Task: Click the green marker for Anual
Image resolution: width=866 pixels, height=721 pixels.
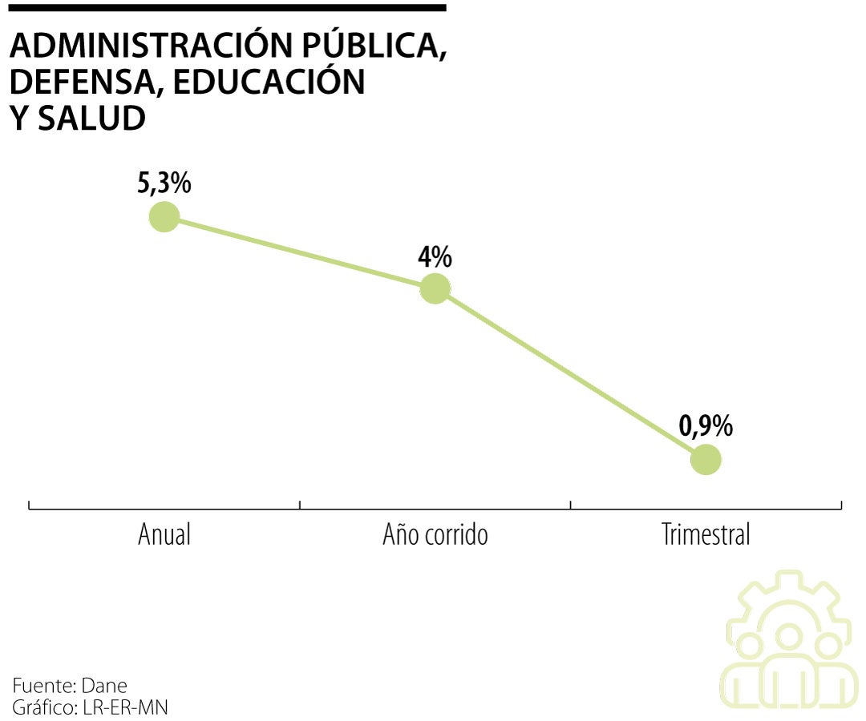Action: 164,217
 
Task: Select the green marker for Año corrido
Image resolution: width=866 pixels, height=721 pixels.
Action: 435,288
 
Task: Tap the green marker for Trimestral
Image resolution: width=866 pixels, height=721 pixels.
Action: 706,460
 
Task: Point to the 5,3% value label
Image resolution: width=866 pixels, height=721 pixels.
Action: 164,183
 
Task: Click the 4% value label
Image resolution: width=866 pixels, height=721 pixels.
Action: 435,257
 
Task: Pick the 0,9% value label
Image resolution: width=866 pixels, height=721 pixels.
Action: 706,426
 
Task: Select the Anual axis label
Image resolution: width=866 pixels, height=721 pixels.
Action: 164,534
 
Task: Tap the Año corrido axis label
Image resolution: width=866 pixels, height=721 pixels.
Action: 435,534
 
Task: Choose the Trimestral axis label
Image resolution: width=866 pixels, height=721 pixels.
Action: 706,534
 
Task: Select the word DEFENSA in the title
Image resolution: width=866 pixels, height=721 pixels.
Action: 84,83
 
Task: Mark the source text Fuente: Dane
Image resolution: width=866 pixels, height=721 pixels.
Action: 70,687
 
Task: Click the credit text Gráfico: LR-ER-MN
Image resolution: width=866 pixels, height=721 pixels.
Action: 90,707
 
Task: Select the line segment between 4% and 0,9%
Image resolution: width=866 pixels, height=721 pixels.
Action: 570,374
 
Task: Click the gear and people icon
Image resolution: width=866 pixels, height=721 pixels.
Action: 788,641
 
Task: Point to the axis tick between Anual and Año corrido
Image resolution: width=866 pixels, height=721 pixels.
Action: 300,505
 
